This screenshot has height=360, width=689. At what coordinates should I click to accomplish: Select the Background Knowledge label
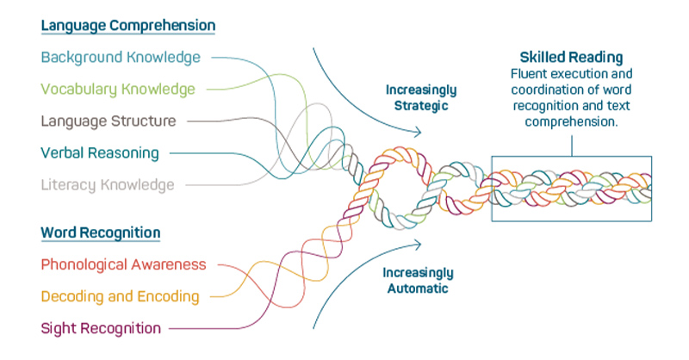tap(121, 58)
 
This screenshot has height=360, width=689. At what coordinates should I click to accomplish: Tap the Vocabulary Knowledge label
tap(118, 89)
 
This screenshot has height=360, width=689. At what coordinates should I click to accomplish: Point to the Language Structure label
tap(109, 121)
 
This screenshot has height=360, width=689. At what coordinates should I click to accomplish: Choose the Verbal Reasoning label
tap(100, 153)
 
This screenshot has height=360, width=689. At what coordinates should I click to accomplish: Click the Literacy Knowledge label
tap(108, 184)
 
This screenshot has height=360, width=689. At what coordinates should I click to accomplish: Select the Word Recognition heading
tap(101, 233)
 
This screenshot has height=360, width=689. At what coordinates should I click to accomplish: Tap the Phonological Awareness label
tap(124, 264)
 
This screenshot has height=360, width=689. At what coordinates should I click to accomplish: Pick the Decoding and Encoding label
tap(121, 296)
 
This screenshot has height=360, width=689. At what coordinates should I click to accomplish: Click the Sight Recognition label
tap(101, 328)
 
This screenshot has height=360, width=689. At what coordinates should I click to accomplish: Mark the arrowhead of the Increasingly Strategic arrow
tap(420, 132)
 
